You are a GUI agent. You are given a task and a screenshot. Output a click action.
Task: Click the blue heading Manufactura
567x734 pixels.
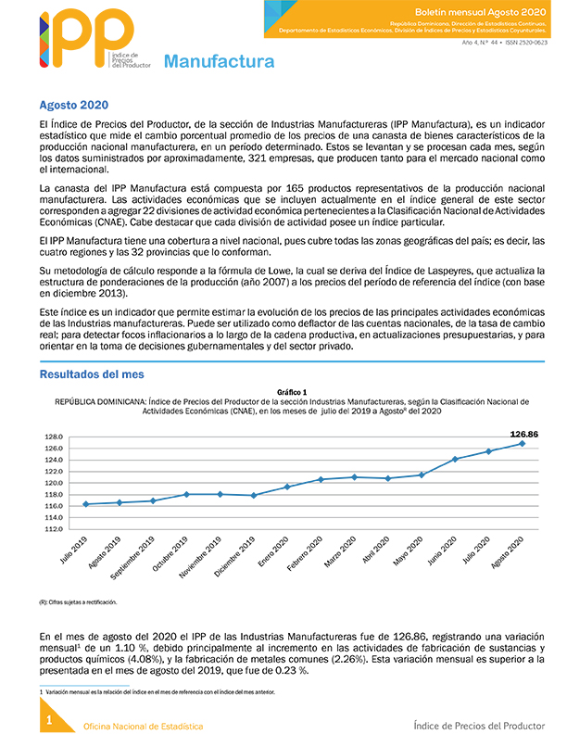click(x=219, y=62)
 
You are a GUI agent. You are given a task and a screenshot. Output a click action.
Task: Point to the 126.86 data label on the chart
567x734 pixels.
click(x=524, y=433)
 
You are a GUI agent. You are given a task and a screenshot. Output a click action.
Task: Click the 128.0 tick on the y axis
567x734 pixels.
click(x=53, y=437)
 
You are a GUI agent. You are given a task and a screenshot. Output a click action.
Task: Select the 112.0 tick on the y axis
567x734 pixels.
click(x=53, y=529)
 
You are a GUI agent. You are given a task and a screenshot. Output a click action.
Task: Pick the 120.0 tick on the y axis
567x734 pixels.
click(x=53, y=483)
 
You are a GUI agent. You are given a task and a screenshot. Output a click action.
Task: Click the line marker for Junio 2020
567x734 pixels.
click(x=455, y=459)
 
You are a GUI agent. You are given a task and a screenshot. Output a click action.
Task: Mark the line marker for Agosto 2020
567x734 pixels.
click(x=523, y=443)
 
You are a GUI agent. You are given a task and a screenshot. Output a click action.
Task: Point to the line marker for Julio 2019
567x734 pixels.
click(x=86, y=504)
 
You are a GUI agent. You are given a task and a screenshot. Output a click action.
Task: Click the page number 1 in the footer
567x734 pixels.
click(x=49, y=719)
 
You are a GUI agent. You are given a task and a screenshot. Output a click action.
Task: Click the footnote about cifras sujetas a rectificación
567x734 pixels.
click(x=78, y=602)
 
